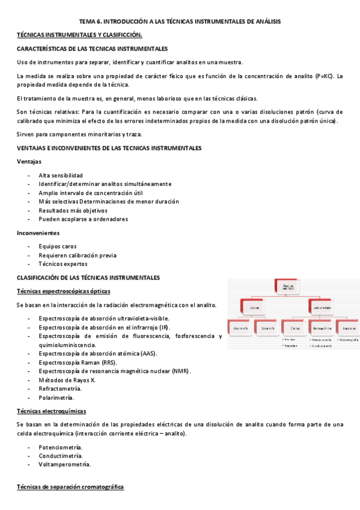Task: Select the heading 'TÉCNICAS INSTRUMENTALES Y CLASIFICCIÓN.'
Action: (x=79, y=35)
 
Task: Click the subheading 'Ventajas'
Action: (x=29, y=162)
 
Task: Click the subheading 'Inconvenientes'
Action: (x=38, y=233)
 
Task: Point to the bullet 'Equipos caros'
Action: (x=57, y=246)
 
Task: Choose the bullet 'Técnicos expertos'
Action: (x=63, y=263)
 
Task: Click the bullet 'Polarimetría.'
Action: (x=56, y=398)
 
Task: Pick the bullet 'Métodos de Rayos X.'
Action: (x=67, y=380)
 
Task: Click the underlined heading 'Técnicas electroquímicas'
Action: (x=52, y=411)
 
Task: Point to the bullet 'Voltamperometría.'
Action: (x=64, y=464)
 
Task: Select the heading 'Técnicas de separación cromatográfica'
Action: (x=70, y=487)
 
